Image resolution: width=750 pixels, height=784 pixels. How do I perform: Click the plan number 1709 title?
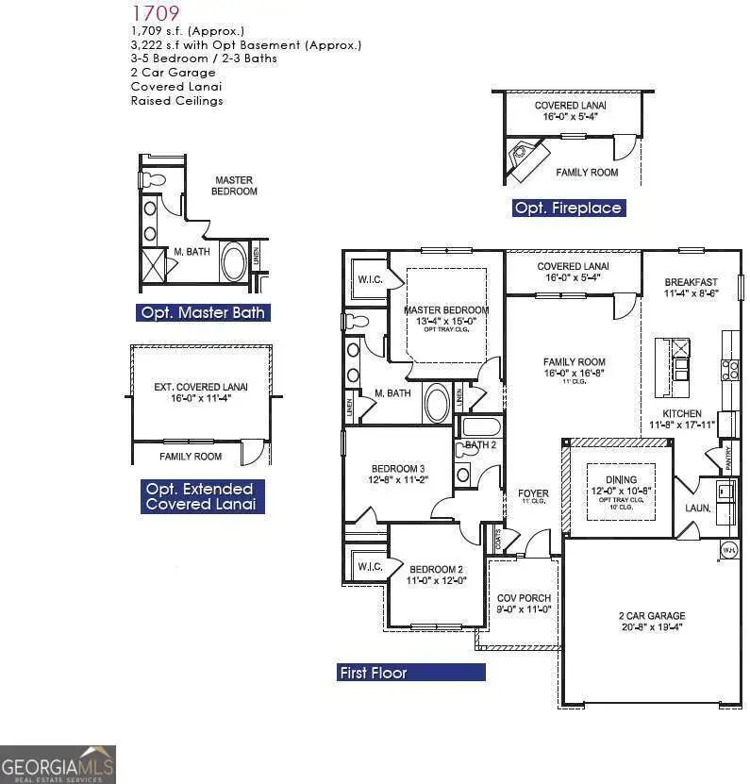(155, 13)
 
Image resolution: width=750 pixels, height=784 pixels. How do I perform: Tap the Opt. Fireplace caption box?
(569, 208)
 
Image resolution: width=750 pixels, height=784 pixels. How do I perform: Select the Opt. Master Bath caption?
(203, 312)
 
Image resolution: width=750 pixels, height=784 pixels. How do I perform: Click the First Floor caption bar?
(411, 673)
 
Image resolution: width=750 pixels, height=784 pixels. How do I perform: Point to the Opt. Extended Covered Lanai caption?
(199, 496)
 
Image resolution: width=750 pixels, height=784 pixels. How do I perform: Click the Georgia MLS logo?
(58, 763)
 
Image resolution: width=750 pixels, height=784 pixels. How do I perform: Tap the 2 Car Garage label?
(645, 616)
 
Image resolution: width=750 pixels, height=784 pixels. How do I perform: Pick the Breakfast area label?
(691, 282)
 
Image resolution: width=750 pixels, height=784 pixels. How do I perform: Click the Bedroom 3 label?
(397, 469)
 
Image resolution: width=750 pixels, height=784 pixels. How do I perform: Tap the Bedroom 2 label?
(436, 569)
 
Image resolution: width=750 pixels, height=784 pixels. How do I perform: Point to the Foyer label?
(533, 493)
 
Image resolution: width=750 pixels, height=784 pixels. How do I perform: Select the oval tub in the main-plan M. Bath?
(438, 403)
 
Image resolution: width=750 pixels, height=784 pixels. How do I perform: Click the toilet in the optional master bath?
(153, 179)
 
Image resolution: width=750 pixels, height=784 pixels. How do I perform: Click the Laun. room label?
(697, 508)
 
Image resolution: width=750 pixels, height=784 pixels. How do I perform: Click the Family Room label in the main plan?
(574, 362)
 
